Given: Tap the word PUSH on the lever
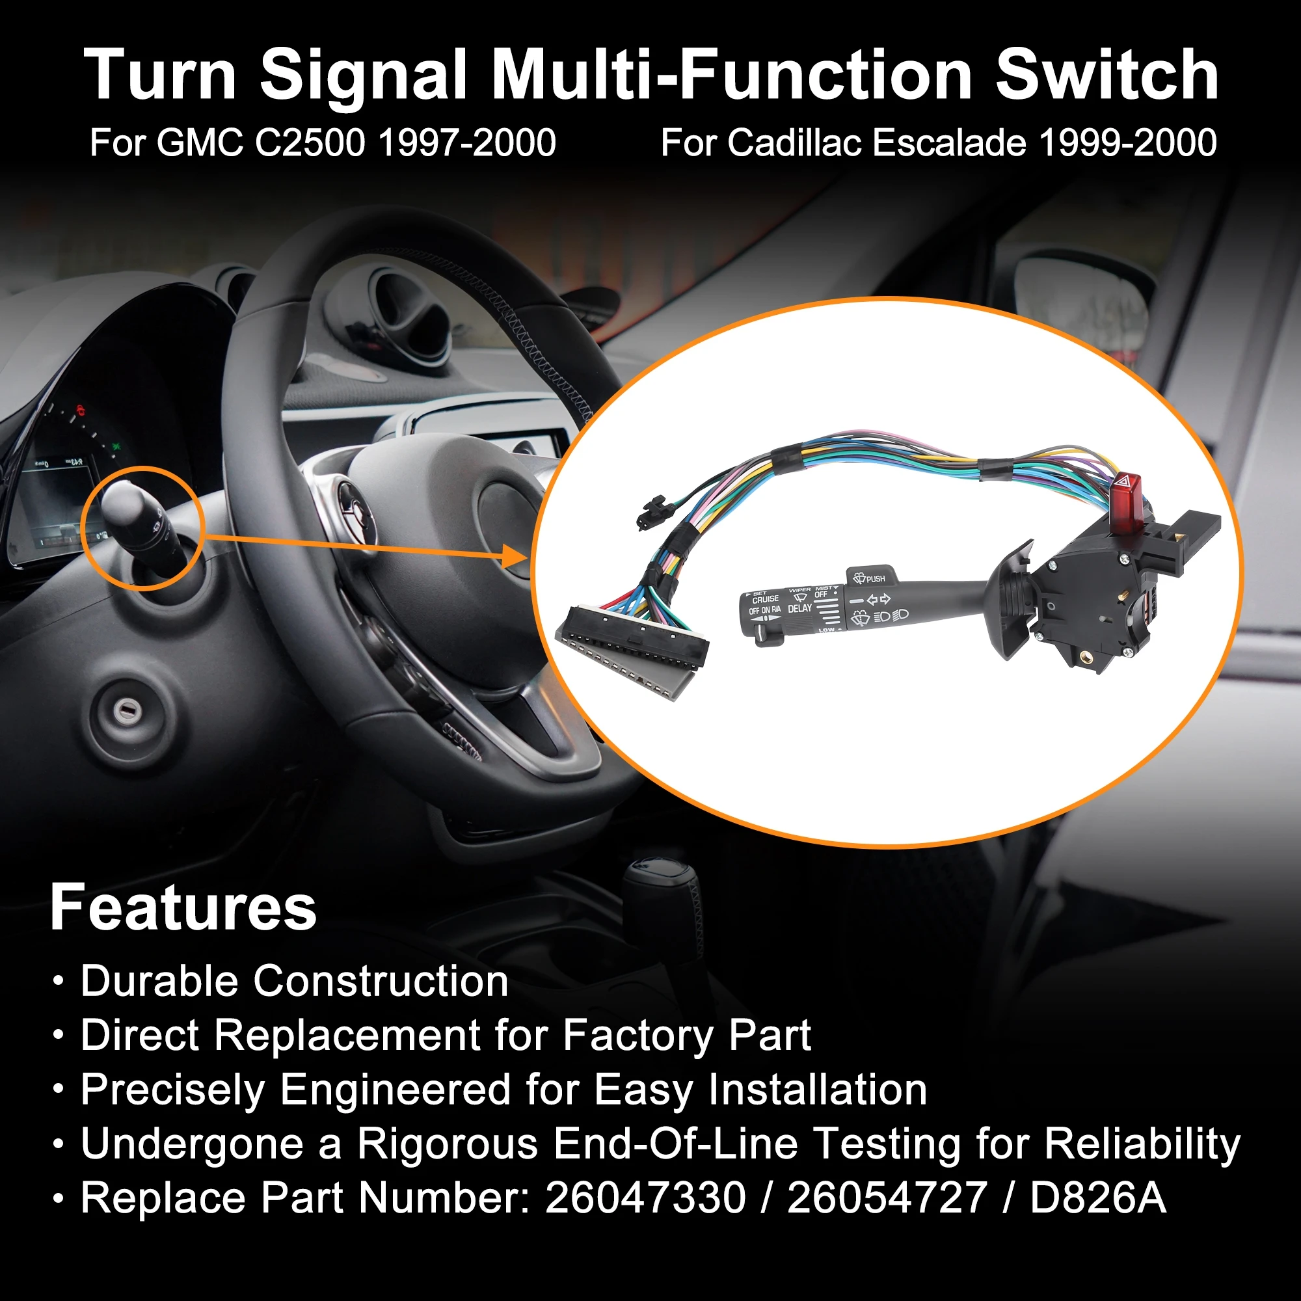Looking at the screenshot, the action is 876,578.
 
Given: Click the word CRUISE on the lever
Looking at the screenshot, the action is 766,598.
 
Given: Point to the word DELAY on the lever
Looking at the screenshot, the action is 800,608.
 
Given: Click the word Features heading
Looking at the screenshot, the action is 183,907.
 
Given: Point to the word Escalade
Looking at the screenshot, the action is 950,142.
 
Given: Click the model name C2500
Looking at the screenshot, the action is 310,142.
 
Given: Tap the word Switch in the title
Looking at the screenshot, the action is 1107,75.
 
